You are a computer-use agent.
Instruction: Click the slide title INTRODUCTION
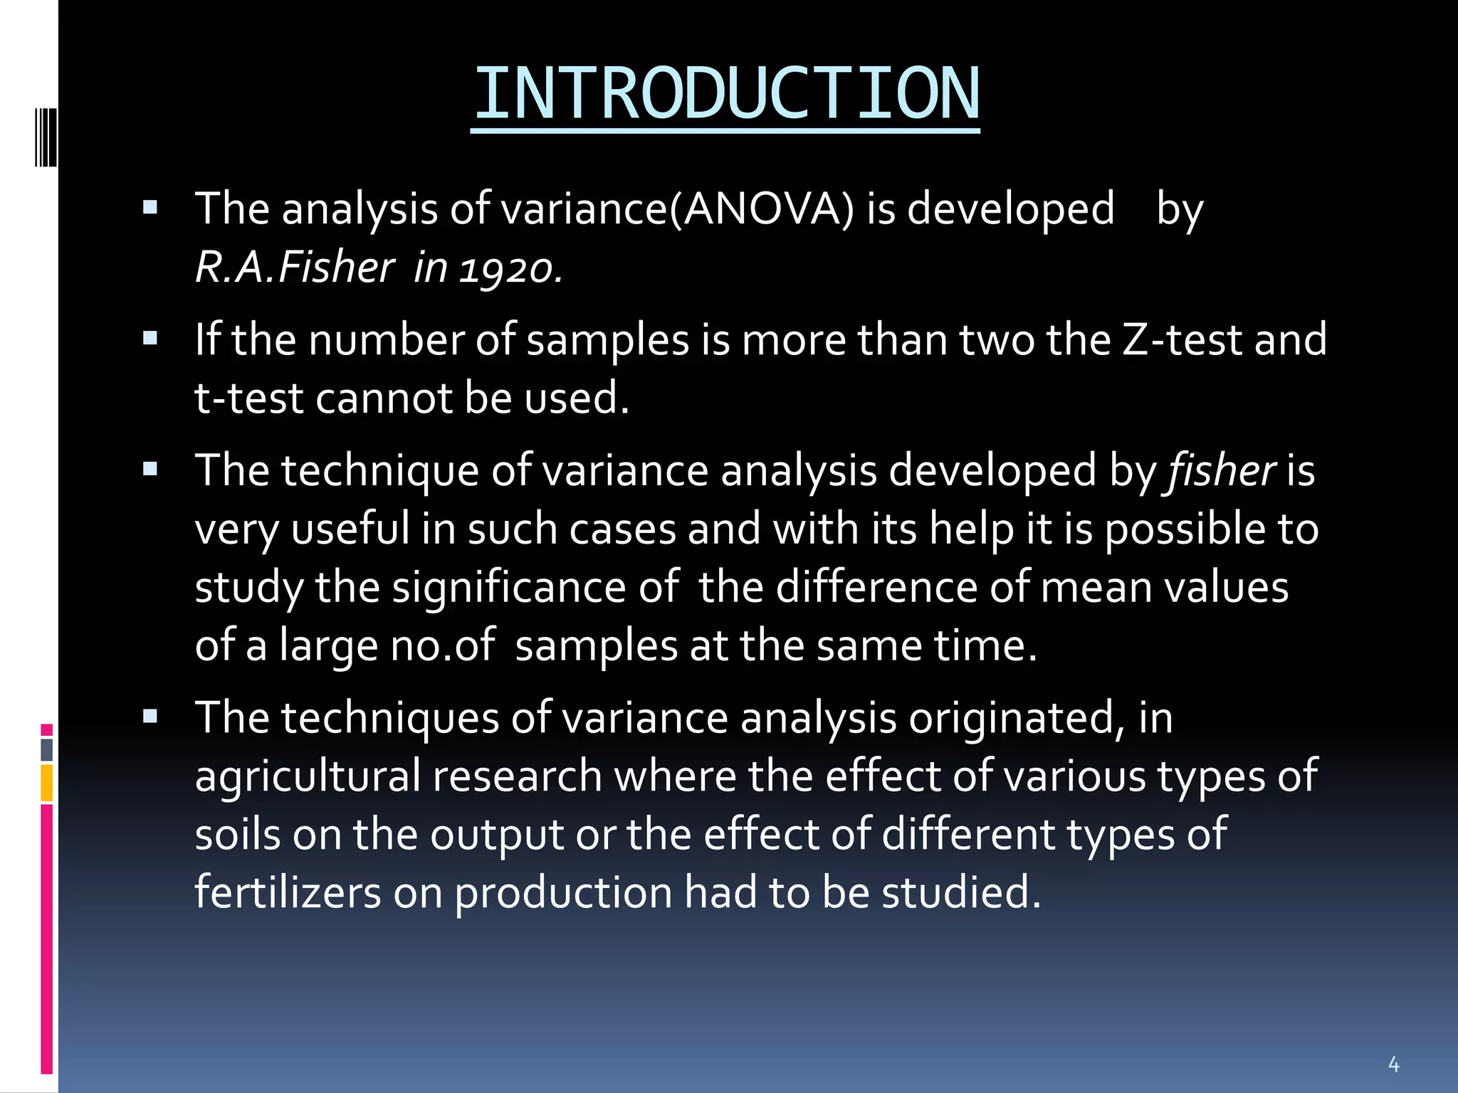pos(725,95)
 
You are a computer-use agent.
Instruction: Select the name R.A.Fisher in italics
pos(294,268)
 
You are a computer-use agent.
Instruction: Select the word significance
pos(508,588)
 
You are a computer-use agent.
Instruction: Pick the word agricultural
pos(308,776)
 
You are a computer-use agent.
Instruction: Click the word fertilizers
pos(288,892)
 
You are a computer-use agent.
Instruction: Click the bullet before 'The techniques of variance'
pos(150,717)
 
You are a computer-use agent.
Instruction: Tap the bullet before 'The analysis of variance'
pos(150,208)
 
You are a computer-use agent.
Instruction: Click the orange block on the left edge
pos(47,783)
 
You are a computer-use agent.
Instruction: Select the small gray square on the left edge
pos(47,749)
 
